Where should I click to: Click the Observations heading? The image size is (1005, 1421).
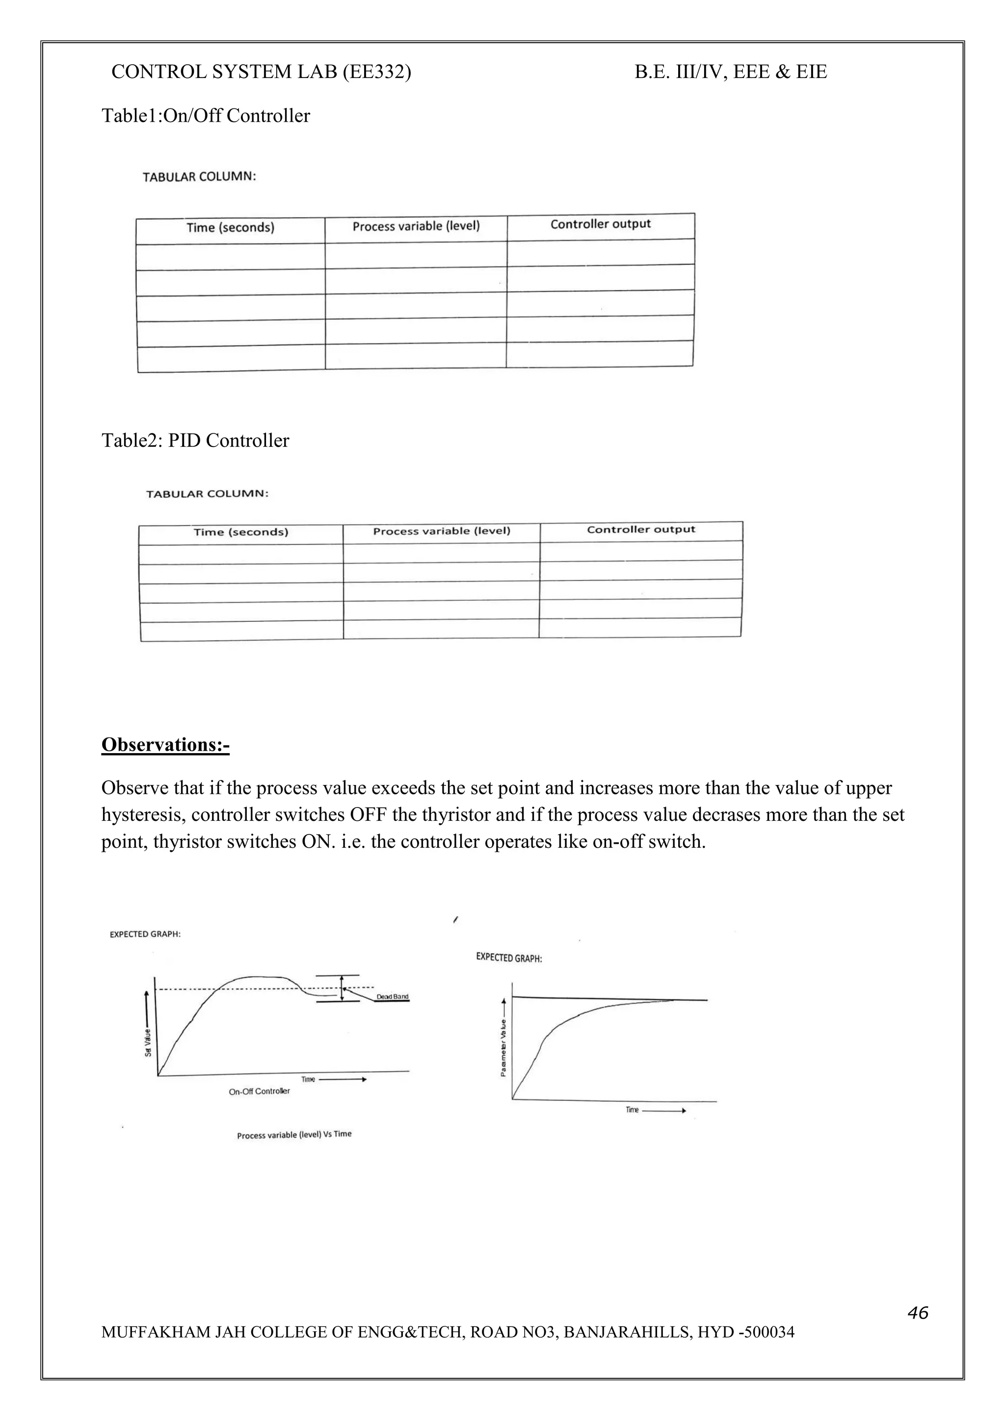point(165,744)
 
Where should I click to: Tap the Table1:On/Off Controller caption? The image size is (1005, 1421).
point(206,116)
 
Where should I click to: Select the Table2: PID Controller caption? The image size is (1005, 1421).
point(195,441)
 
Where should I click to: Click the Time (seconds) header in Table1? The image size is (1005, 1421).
point(230,228)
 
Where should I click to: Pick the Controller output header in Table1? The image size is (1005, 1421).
point(600,224)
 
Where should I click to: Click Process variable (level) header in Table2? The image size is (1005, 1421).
point(442,531)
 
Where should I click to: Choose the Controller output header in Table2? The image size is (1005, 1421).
point(641,529)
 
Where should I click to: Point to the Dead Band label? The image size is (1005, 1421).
point(393,996)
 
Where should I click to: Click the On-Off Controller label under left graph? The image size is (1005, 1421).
point(260,1091)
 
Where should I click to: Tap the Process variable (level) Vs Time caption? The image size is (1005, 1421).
point(294,1135)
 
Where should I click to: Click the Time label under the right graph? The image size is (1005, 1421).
point(632,1110)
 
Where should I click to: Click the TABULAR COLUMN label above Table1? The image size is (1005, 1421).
point(199,177)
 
